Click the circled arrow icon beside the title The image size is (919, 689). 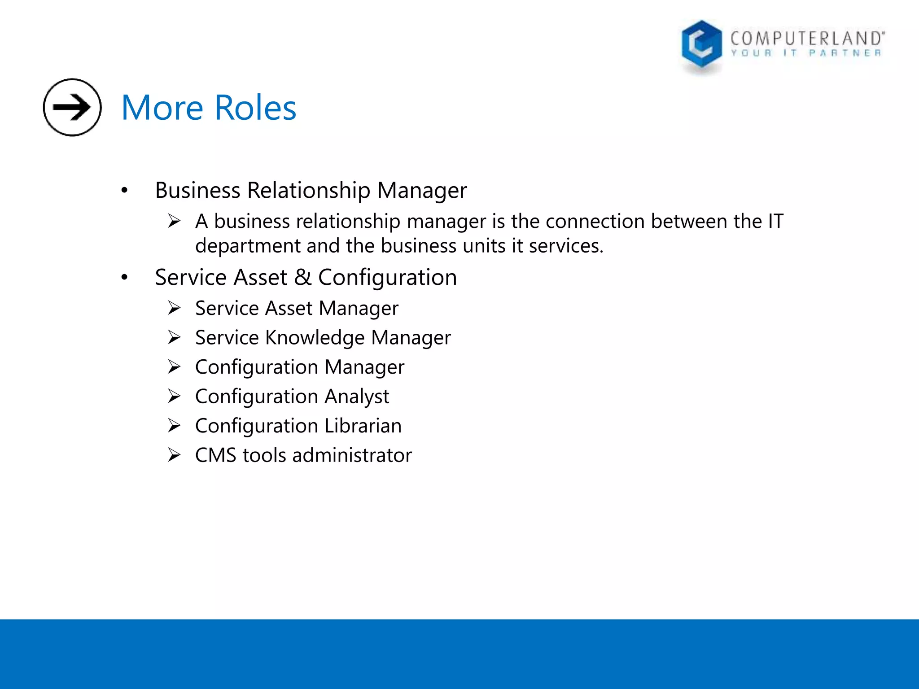[x=72, y=107]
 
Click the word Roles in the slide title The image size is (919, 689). [x=255, y=108]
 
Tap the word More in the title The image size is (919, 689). [x=162, y=108]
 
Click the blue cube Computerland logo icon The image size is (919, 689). [x=701, y=45]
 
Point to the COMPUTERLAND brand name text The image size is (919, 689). [x=807, y=39]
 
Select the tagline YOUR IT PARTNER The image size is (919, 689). [x=806, y=53]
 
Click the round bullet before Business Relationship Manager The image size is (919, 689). [x=124, y=191]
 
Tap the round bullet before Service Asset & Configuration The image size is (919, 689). [x=124, y=278]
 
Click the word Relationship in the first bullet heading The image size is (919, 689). [x=309, y=191]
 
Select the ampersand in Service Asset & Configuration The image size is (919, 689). [x=303, y=277]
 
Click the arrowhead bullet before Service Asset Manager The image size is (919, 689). [x=174, y=308]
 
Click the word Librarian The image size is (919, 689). [x=363, y=426]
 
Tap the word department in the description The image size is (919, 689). [x=248, y=246]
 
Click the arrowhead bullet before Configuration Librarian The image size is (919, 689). [x=174, y=426]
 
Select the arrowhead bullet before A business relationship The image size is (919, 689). [x=174, y=221]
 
